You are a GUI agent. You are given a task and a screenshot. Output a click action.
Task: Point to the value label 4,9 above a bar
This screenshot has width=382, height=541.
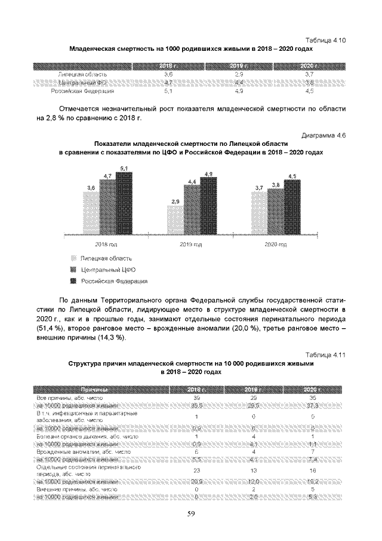pyautogui.click(x=208, y=174)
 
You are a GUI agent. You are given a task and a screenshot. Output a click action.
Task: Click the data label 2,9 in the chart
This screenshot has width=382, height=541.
pyautogui.click(x=175, y=202)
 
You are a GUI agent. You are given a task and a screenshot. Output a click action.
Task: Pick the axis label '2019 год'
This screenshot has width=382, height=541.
pyautogui.click(x=191, y=245)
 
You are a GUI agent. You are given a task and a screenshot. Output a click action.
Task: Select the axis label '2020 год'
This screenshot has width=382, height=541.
pyautogui.click(x=275, y=245)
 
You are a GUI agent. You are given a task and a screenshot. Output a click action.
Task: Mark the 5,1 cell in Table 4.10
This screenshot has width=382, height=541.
pyautogui.click(x=168, y=91)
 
